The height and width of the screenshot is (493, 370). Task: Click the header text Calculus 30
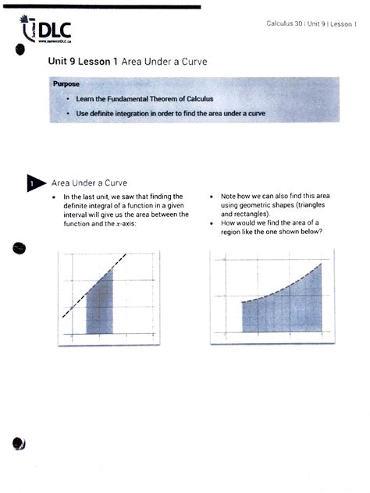pos(285,24)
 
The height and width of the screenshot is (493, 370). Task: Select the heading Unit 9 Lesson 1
pos(81,61)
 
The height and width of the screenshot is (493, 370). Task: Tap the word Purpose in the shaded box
pos(66,83)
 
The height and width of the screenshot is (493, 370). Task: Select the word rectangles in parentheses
pos(244,213)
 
